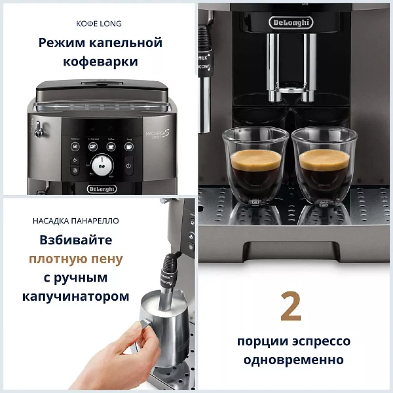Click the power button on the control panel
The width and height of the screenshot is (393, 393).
(129, 166)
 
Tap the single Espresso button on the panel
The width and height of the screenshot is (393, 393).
(75, 147)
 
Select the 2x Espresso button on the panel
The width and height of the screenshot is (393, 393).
(93, 147)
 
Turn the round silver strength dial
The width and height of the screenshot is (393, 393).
(102, 165)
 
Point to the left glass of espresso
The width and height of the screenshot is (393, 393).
(255, 165)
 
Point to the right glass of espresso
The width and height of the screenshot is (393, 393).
(324, 165)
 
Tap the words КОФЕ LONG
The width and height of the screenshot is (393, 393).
(99, 24)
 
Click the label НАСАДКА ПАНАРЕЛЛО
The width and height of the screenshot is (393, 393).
(76, 221)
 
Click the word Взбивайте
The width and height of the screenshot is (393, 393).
(76, 240)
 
